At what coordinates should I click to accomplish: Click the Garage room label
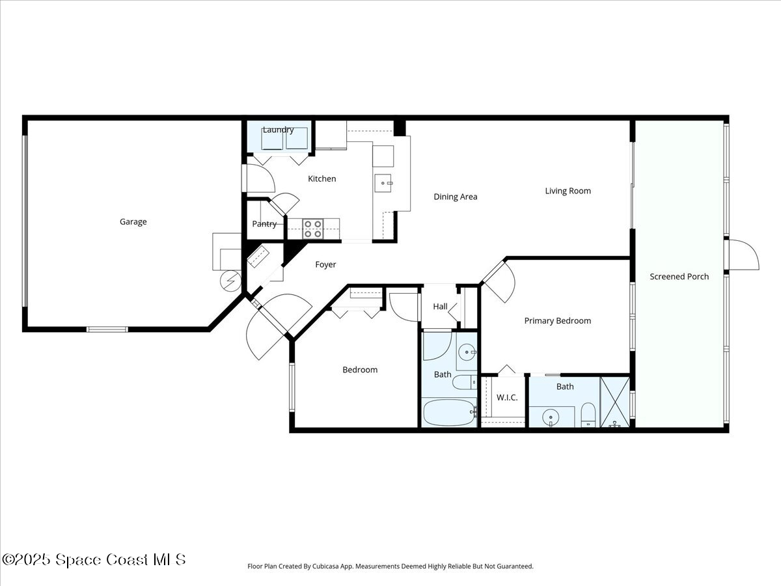[x=133, y=222]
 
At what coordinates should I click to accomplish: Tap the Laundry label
[x=278, y=130]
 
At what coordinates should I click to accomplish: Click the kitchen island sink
[x=383, y=184]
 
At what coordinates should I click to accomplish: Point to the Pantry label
[x=264, y=224]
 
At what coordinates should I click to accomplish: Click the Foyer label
[x=325, y=265]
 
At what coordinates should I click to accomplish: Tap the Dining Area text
[x=456, y=197]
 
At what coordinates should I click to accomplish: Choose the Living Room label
[x=568, y=191]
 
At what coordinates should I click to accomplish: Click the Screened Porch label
[x=679, y=277]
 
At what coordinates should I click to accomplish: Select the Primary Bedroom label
[x=558, y=321]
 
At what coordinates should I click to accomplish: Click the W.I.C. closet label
[x=507, y=397]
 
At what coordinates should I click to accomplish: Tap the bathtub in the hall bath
[x=449, y=412]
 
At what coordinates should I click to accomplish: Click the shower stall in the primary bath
[x=615, y=402]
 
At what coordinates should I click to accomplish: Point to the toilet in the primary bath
[x=588, y=414]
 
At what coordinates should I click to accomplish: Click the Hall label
[x=441, y=307]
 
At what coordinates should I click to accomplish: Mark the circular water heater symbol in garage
[x=230, y=281]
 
